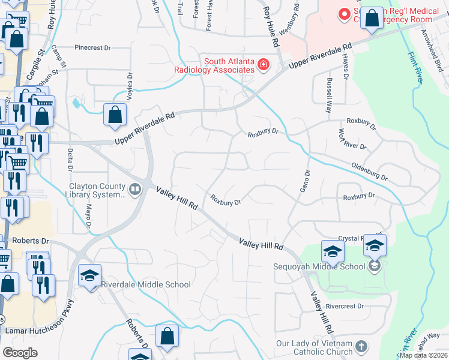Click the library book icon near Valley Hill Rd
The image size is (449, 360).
point(136,191)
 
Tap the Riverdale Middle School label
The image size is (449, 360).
point(145,284)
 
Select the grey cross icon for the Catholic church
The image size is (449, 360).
point(361,347)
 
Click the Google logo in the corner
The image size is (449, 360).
point(20,352)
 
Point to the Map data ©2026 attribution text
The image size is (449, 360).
point(423,355)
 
